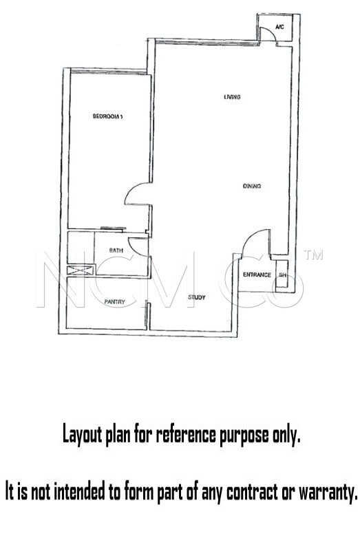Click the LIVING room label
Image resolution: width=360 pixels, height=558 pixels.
pos(232,97)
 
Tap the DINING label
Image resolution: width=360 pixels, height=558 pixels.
pos(252,186)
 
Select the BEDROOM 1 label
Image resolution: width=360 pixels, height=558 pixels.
pos(107,116)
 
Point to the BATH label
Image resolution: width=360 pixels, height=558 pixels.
pos(116,250)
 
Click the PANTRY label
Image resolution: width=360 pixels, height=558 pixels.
pos(115,302)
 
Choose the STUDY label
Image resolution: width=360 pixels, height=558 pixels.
pos(197,297)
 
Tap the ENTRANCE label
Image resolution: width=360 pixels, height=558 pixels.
pos(257,275)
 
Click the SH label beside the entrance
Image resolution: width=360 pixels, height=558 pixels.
pos(282,275)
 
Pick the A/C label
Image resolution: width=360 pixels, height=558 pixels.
pos(279,27)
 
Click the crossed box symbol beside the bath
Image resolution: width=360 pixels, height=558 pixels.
pos(81,270)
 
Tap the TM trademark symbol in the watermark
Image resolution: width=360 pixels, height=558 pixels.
pos(313,255)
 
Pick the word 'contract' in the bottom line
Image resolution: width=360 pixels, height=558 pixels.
pos(252,493)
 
